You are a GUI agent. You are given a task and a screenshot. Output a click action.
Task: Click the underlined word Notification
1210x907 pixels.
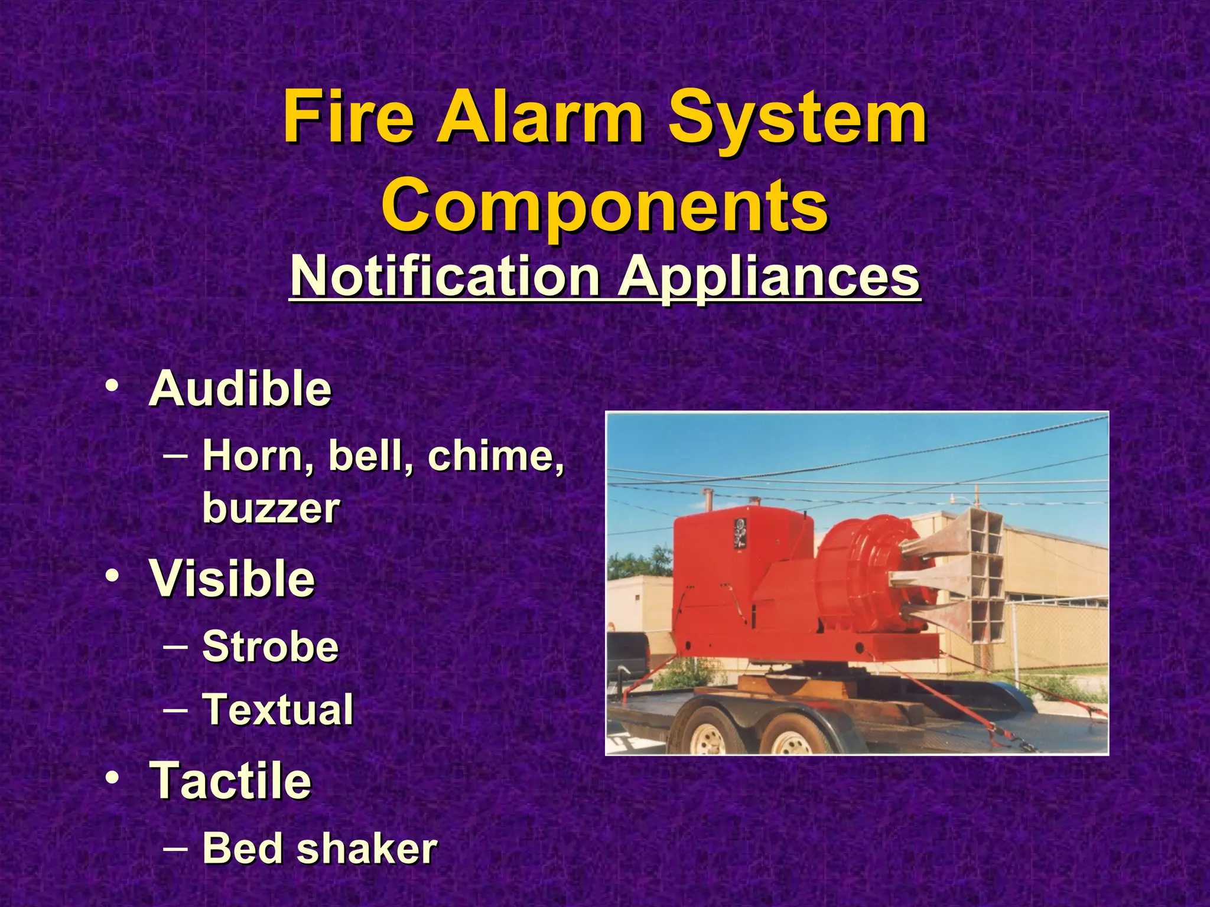[x=444, y=276]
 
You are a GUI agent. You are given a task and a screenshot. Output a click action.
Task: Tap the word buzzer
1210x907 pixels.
[x=271, y=508]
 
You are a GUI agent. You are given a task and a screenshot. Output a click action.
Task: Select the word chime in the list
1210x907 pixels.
[x=495, y=456]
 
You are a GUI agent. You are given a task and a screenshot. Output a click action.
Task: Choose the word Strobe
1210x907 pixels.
[x=270, y=646]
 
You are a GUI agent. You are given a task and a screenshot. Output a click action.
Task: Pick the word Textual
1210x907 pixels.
[x=278, y=709]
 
